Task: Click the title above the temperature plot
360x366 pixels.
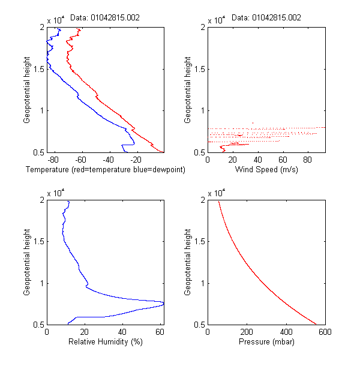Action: pyautogui.click(x=105, y=17)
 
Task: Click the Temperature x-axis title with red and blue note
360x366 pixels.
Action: pyautogui.click(x=106, y=170)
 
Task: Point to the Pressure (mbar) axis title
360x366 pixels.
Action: pyautogui.click(x=266, y=342)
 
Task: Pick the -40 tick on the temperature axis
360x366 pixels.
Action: pyautogui.click(x=108, y=160)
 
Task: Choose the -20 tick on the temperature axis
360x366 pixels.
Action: pyautogui.click(x=136, y=160)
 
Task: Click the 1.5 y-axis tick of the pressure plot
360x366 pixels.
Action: pyautogui.click(x=198, y=241)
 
